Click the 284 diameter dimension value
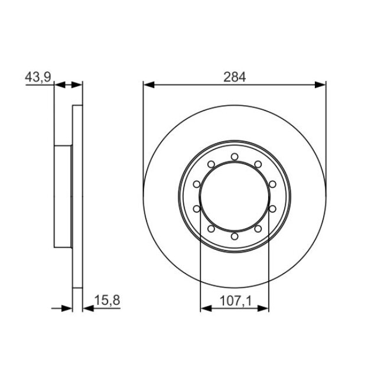[x=235, y=76]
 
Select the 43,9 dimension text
[x=37, y=77]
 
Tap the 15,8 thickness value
[x=108, y=301]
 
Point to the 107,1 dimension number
[x=236, y=301]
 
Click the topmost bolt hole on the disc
[x=235, y=157]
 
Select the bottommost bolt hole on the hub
[x=235, y=236]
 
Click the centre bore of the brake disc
[x=235, y=196]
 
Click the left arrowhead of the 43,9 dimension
[x=59, y=85]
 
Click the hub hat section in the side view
[x=63, y=196]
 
